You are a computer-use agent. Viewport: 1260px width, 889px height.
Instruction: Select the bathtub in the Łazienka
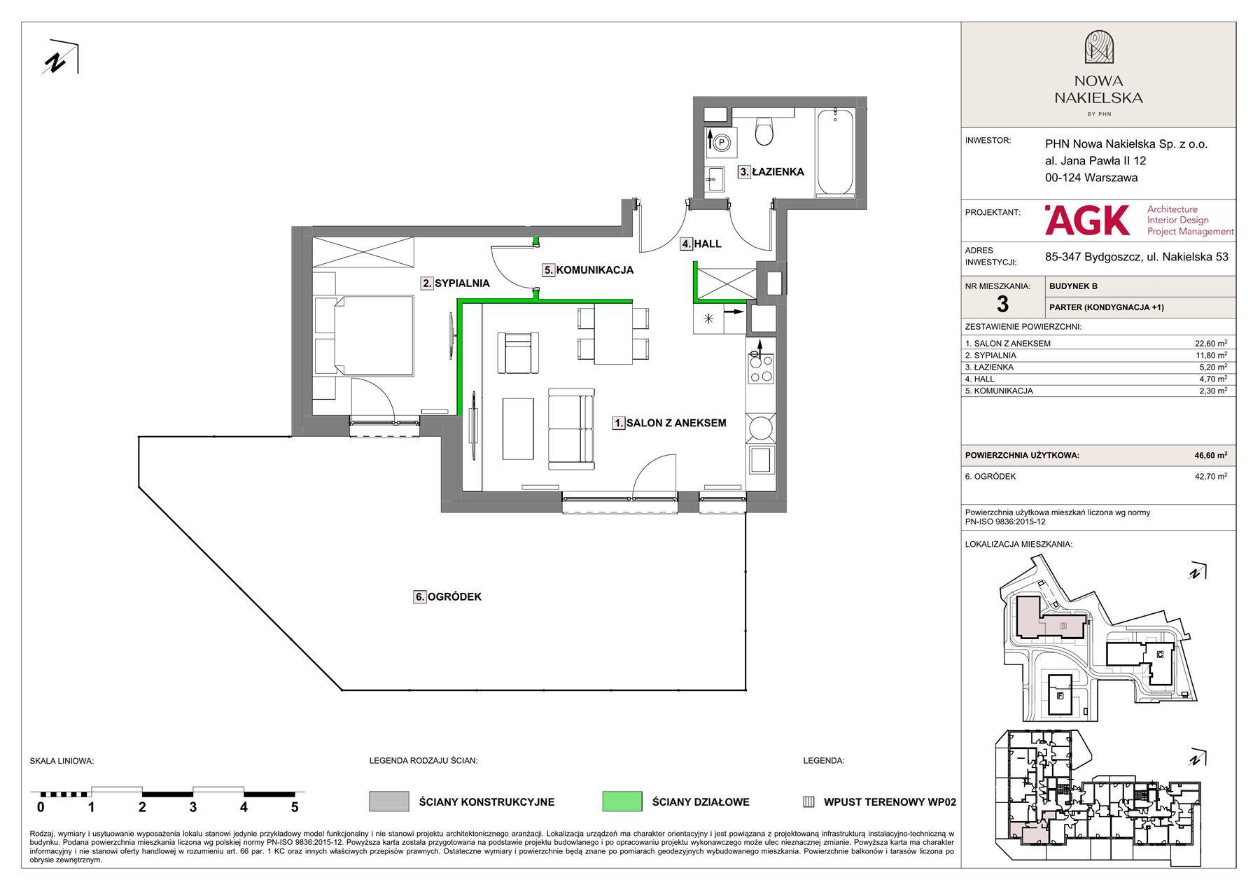click(x=836, y=152)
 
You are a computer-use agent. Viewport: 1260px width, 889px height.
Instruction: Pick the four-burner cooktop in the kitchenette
click(x=761, y=368)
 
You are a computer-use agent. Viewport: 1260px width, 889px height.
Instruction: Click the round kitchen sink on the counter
click(x=761, y=426)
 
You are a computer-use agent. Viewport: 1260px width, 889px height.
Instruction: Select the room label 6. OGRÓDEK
click(x=448, y=597)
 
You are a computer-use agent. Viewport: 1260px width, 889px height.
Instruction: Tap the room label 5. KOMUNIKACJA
click(x=589, y=269)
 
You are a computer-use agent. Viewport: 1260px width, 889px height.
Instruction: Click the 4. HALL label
click(x=701, y=244)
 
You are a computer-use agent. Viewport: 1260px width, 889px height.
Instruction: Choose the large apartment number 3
click(x=1002, y=304)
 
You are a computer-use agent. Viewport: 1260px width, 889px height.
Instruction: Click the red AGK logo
click(x=1087, y=220)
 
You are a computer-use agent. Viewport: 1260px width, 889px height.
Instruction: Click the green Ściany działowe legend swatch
click(x=622, y=801)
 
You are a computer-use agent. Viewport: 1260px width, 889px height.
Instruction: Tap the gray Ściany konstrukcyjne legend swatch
click(x=388, y=801)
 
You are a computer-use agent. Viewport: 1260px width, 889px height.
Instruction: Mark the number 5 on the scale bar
click(x=295, y=807)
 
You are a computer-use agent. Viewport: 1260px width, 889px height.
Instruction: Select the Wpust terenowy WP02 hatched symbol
click(x=808, y=802)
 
